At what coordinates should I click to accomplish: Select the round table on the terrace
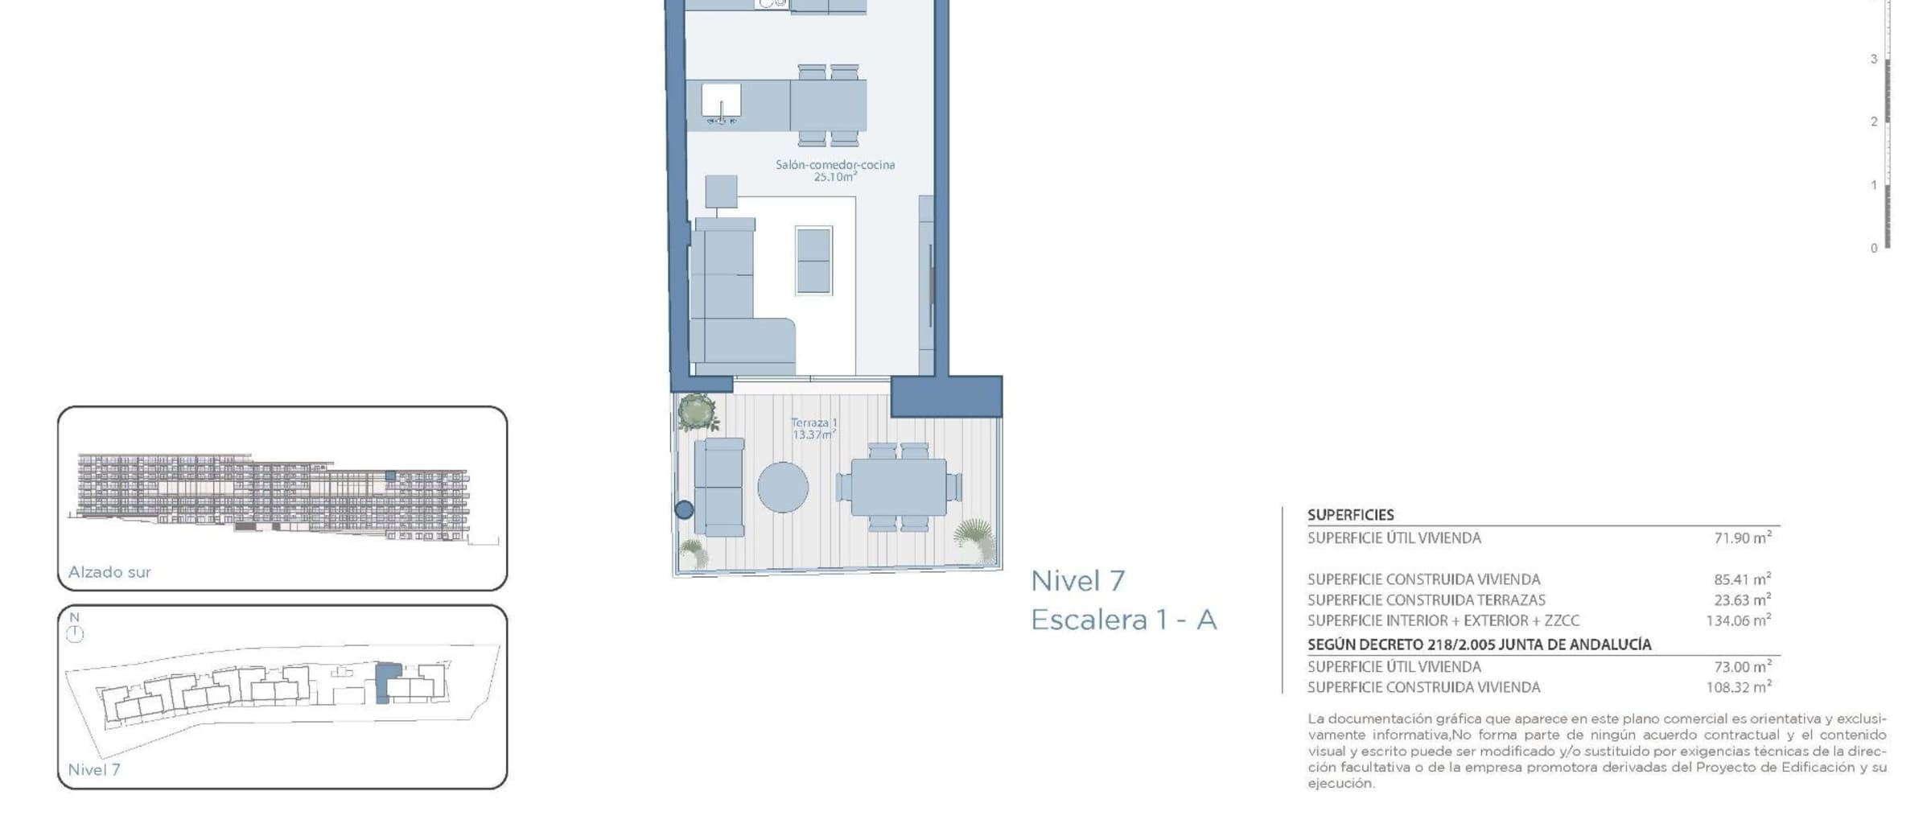coord(783,487)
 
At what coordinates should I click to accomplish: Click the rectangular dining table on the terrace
coord(899,487)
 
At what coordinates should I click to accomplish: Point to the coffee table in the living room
coord(813,261)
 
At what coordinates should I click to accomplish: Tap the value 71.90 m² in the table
coord(1743,538)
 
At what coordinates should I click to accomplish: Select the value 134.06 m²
coord(1739,620)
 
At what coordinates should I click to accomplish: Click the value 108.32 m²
coord(1739,687)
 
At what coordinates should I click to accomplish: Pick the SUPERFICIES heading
coord(1351,515)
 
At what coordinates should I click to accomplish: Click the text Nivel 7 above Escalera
coord(1078,580)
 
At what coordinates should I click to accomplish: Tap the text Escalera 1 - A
coord(1124,620)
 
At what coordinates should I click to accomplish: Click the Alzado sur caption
coord(109,572)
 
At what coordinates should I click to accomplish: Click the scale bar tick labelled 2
coord(1874,122)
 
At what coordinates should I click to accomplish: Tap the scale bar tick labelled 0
coord(1874,249)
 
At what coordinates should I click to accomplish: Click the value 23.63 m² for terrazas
coord(1743,599)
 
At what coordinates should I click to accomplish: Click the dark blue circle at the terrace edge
coord(684,509)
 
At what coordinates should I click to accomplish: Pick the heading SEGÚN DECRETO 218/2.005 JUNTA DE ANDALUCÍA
coord(1479,645)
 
